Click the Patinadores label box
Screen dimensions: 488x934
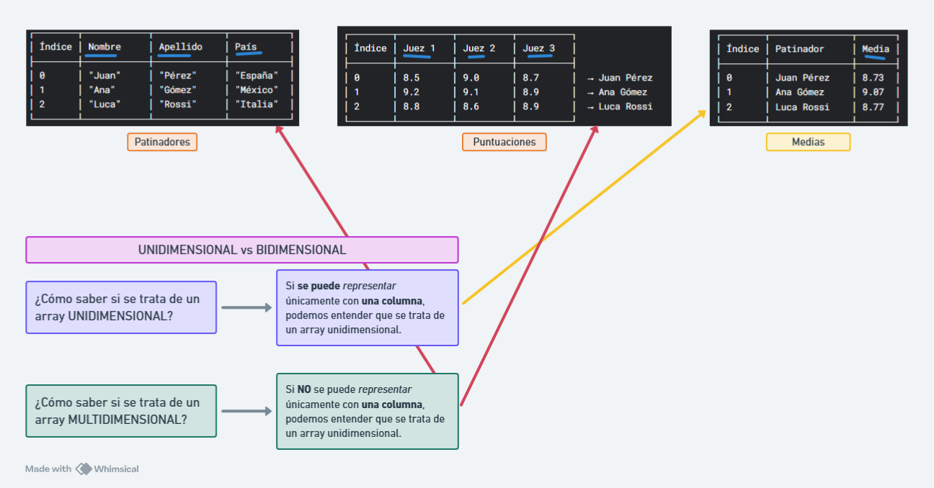pyautogui.click(x=162, y=142)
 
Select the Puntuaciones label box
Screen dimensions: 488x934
pyautogui.click(x=504, y=142)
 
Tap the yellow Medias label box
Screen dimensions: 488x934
pyautogui.click(x=808, y=142)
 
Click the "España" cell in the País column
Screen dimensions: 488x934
pyautogui.click(x=257, y=76)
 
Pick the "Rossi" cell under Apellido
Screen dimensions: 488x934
pyautogui.click(x=177, y=104)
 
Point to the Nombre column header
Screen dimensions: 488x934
pyautogui.click(x=104, y=48)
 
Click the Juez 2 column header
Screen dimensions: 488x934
pyautogui.click(x=479, y=49)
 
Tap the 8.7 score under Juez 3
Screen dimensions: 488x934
pyautogui.click(x=531, y=78)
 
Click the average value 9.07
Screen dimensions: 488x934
pyautogui.click(x=873, y=92)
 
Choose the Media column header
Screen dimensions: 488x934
pyautogui.click(x=876, y=49)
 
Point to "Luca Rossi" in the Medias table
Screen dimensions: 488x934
pyautogui.click(x=802, y=107)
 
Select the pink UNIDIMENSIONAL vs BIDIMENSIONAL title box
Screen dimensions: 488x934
pyautogui.click(x=242, y=250)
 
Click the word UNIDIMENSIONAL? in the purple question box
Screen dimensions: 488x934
pyautogui.click(x=120, y=315)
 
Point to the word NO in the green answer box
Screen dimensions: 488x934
pyautogui.click(x=303, y=389)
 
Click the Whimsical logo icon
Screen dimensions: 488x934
pyautogui.click(x=84, y=469)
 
